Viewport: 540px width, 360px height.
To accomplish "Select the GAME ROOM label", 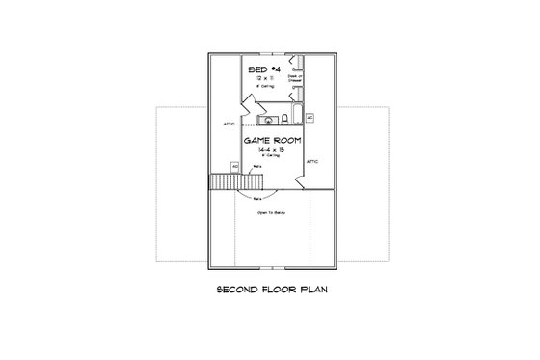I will coord(273,141).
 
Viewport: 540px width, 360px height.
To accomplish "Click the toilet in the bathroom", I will coord(285,120).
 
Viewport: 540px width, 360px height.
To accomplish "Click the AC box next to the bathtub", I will coord(310,117).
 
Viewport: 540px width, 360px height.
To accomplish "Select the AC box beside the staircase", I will coord(234,166).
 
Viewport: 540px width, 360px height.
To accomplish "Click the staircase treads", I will coord(225,181).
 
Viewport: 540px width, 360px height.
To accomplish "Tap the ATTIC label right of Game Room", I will coord(312,162).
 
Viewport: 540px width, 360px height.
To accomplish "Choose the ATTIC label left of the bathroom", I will coord(228,124).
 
